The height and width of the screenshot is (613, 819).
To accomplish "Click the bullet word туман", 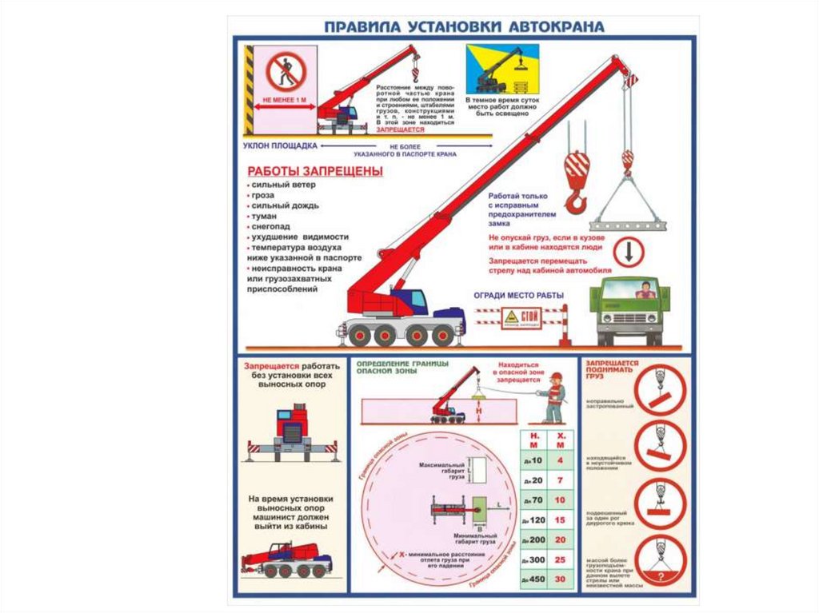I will [265, 216].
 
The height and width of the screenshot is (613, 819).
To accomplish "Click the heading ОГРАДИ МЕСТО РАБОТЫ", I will [519, 295].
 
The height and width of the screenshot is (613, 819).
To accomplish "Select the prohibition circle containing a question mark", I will [660, 560].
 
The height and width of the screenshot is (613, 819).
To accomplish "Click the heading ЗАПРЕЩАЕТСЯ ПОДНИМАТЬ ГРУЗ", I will [611, 368].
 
